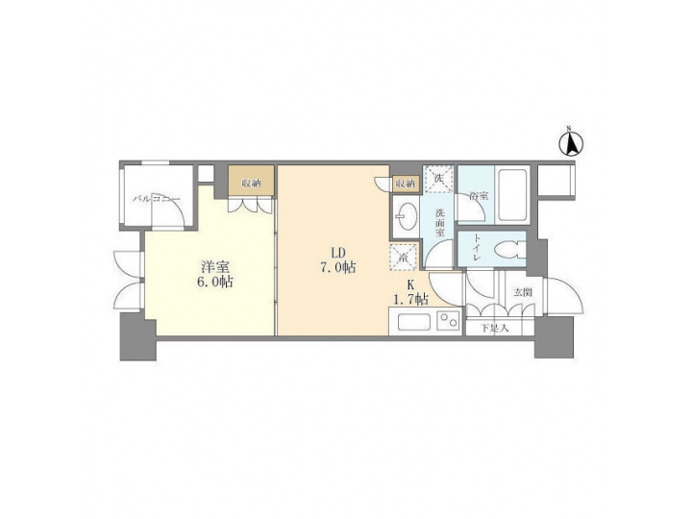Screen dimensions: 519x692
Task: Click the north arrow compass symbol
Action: coord(571,144)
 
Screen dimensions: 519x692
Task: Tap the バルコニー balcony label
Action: coord(152,200)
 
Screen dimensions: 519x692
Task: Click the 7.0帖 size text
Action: coord(337,268)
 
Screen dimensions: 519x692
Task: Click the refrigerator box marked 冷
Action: coord(402,259)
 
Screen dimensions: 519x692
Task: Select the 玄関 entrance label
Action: coord(522,292)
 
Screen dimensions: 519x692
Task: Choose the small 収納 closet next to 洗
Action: coord(405,183)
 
